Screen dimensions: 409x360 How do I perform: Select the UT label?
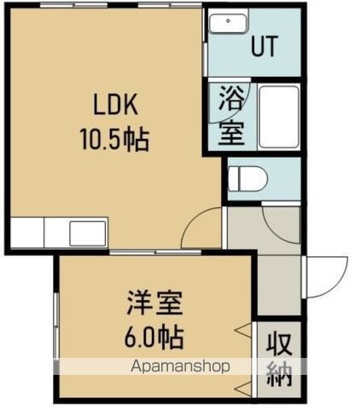(264, 47)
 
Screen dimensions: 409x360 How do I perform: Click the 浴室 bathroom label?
(229, 116)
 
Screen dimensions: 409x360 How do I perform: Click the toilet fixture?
(248, 178)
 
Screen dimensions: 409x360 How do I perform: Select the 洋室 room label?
(155, 304)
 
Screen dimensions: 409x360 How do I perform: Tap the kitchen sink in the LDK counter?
(88, 231)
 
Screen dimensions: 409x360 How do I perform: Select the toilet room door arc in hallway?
(282, 223)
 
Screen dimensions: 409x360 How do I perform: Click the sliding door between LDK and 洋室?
(154, 251)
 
